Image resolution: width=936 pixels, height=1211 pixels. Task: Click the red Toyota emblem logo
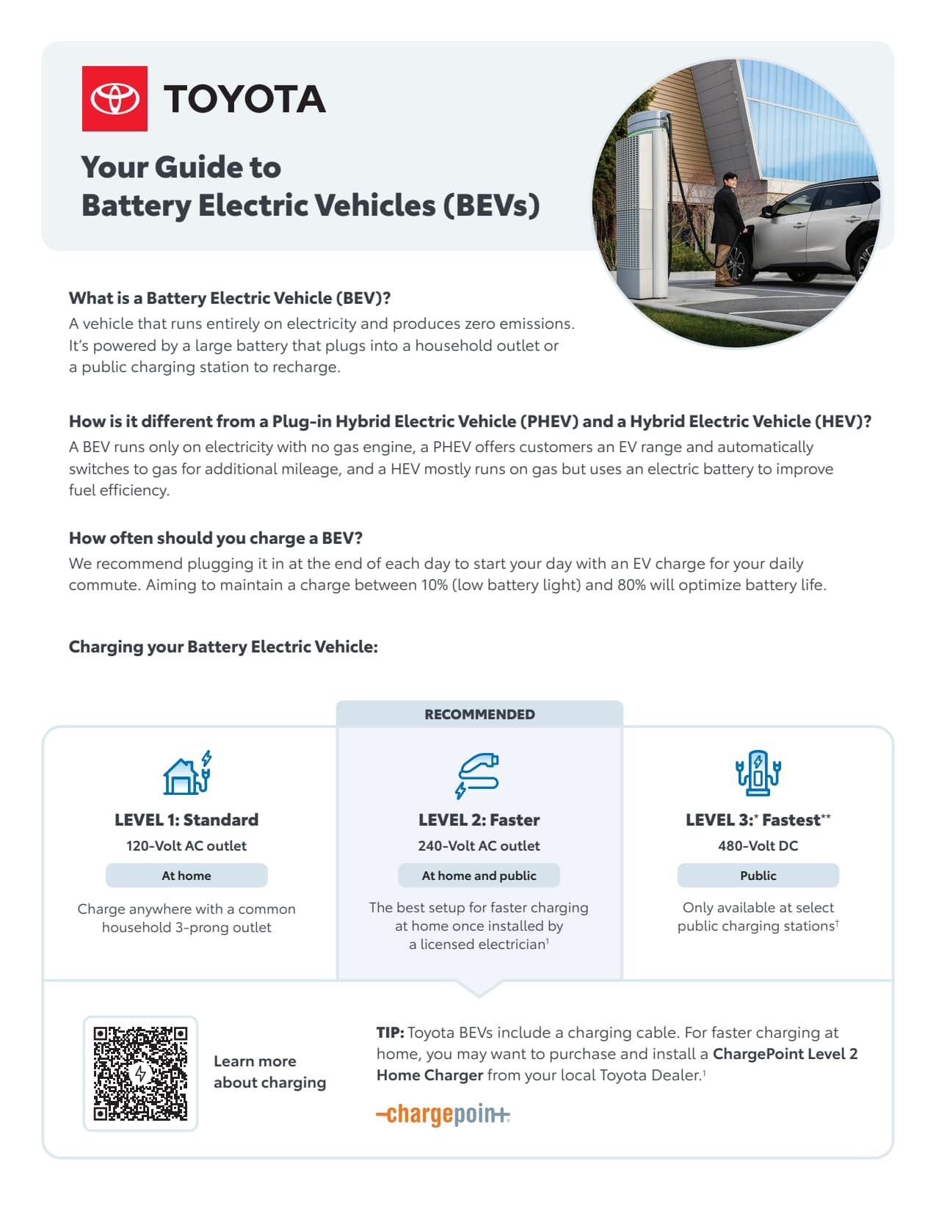tap(115, 98)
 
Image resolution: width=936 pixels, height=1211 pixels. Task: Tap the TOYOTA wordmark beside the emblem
tap(244, 99)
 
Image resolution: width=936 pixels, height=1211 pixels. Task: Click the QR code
tap(140, 1073)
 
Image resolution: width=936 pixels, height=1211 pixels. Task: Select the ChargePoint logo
tap(443, 1114)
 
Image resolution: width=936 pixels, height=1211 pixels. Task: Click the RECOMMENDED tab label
tap(479, 714)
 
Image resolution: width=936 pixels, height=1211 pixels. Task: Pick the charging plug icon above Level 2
tap(477, 774)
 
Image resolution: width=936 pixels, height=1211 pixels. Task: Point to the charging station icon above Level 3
tap(758, 773)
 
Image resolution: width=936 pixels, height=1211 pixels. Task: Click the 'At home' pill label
tap(186, 876)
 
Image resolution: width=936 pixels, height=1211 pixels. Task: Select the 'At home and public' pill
tap(479, 876)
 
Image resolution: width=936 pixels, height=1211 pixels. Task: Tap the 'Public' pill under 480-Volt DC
tap(758, 876)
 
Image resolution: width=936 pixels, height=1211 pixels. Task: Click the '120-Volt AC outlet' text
tap(186, 845)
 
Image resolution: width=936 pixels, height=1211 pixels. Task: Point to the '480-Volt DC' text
tap(758, 845)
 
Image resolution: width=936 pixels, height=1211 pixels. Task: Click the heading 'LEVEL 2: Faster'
tap(479, 820)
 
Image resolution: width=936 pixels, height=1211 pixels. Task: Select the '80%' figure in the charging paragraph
tap(631, 585)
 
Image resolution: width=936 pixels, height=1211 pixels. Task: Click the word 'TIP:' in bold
tap(390, 1033)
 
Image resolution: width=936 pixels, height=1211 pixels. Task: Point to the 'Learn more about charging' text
tap(269, 1072)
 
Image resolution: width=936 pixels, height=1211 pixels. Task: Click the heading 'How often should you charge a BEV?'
tap(216, 538)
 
